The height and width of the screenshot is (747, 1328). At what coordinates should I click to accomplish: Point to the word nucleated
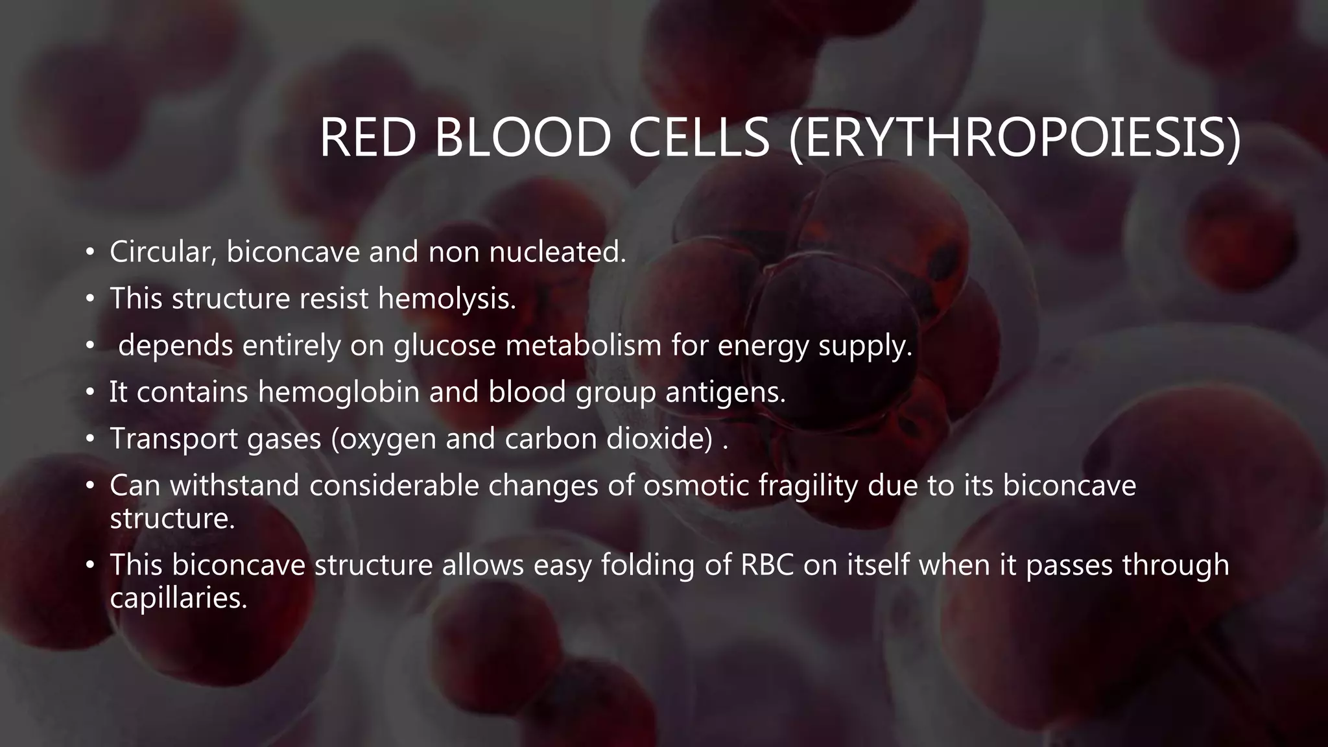(558, 252)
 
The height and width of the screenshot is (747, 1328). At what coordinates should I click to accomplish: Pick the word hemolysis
(447, 299)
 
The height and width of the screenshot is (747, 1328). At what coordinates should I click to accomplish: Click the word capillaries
(178, 599)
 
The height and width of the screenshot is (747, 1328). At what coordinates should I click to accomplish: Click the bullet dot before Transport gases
(90, 439)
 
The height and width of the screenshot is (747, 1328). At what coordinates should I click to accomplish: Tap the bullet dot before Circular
(90, 252)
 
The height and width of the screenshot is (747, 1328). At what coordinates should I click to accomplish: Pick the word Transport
(173, 439)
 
